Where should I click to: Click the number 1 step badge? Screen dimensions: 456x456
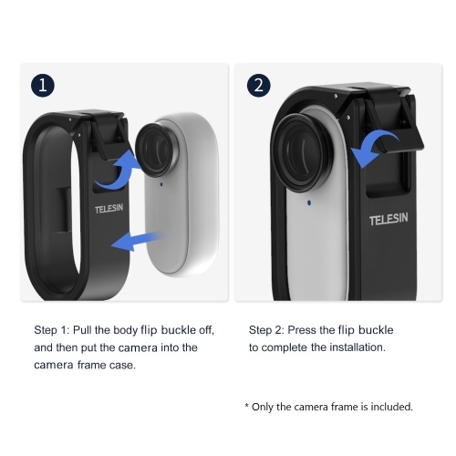(x=43, y=85)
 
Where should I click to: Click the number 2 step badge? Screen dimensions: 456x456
(x=258, y=86)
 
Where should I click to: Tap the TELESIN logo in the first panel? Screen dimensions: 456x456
(x=109, y=209)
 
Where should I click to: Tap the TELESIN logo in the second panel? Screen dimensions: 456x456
(x=389, y=219)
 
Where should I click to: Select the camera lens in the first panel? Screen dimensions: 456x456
(x=154, y=150)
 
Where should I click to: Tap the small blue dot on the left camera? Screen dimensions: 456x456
(x=161, y=184)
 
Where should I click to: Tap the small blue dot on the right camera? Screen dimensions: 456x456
(x=309, y=202)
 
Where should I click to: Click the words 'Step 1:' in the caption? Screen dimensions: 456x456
(x=52, y=330)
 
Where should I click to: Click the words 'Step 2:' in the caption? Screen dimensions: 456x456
(x=266, y=330)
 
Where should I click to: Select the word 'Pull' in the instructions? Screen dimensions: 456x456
(x=82, y=330)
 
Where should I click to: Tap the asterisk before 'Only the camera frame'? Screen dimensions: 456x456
(x=247, y=405)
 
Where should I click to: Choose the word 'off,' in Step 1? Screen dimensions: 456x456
(x=206, y=330)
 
